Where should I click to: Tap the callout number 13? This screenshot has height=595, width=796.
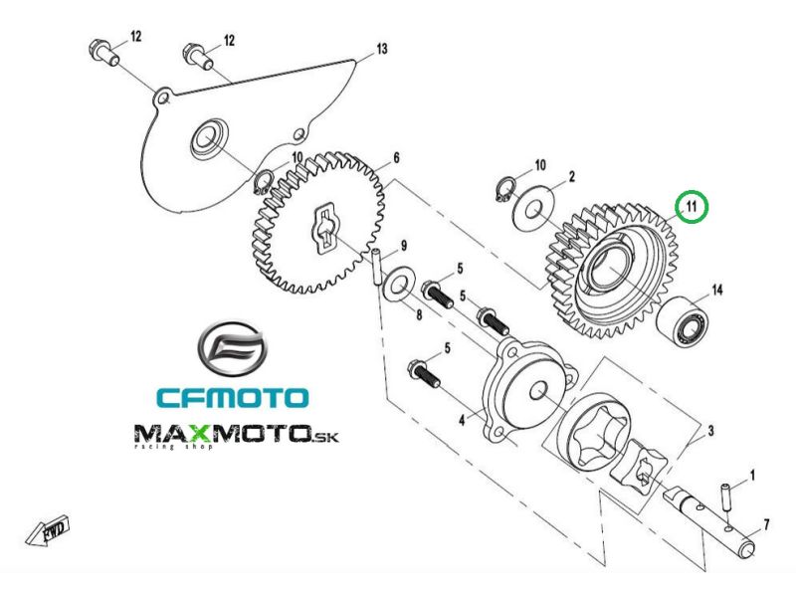pyautogui.click(x=381, y=49)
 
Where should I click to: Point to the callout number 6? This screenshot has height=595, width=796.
pyautogui.click(x=395, y=158)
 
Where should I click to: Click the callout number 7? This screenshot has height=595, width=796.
pyautogui.click(x=765, y=523)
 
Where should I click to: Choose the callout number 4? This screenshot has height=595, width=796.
pyautogui.click(x=461, y=421)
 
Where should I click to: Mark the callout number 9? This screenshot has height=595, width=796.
pyautogui.click(x=404, y=246)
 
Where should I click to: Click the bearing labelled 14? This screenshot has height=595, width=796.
pyautogui.click(x=688, y=321)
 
